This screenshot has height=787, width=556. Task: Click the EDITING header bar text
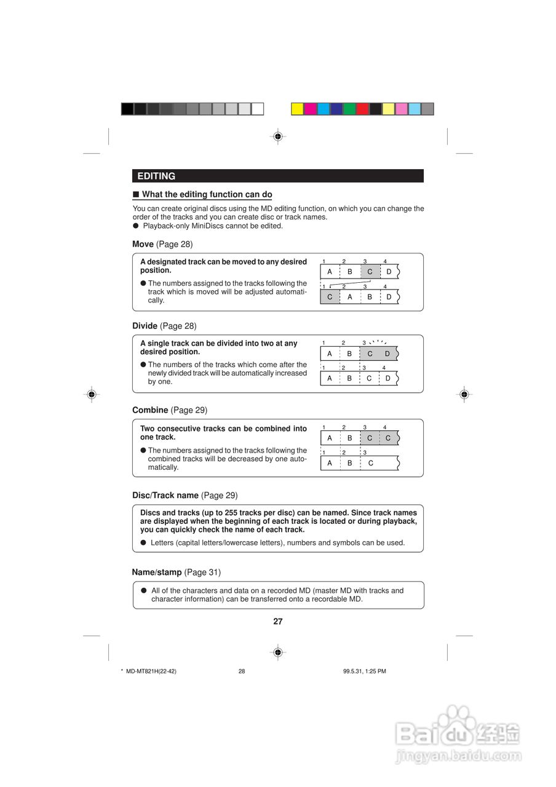156,176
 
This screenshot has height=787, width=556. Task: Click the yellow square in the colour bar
297,109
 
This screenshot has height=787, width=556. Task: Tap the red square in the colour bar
362,109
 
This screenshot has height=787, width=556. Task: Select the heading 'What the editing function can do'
207,195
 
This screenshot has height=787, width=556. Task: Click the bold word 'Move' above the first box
143,245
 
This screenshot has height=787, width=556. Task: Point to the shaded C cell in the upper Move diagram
370,272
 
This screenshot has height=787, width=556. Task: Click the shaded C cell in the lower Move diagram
330,297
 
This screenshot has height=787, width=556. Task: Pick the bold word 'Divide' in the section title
145,326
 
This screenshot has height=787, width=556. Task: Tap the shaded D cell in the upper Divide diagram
387,354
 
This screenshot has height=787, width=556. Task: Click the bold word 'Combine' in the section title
150,410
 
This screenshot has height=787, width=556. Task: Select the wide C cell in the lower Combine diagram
371,463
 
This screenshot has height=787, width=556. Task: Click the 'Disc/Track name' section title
165,496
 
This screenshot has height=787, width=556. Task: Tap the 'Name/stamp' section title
157,572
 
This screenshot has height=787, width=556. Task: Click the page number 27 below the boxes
278,622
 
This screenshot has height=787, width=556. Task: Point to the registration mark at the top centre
278,136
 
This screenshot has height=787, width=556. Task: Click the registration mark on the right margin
464,394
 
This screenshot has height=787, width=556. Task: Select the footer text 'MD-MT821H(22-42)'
151,671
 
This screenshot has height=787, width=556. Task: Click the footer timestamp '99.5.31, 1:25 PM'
365,671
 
